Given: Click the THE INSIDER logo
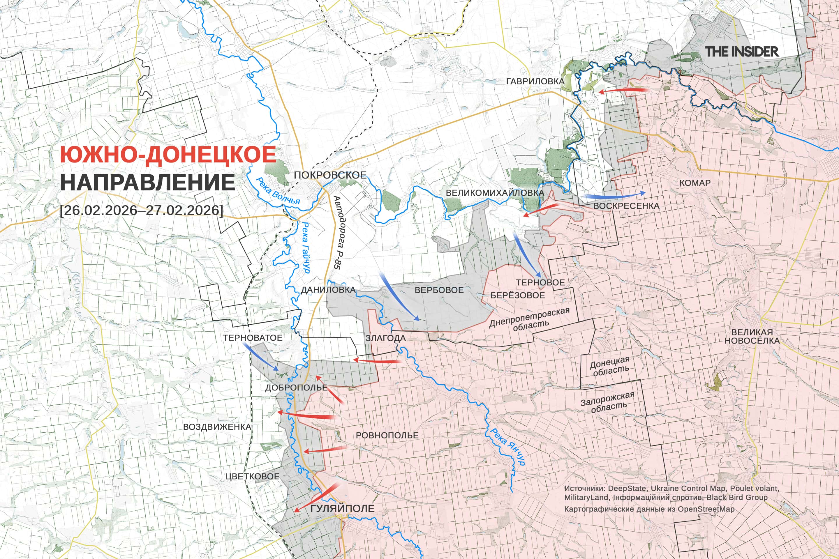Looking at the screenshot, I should pos(742,52).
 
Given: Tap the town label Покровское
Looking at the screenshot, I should pos(330,175).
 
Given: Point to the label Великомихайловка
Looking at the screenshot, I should pos(495,193).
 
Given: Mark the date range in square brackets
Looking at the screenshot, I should pos(142,210).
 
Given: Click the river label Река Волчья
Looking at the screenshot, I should pos(278,191).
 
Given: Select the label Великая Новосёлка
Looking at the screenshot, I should pos(752,336).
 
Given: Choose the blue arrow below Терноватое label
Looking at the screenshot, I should pos(260,356).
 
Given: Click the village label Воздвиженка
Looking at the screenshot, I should pos(217,427).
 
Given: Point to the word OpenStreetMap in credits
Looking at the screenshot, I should pos(706,509).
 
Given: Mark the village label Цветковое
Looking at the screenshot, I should pos(252,476).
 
